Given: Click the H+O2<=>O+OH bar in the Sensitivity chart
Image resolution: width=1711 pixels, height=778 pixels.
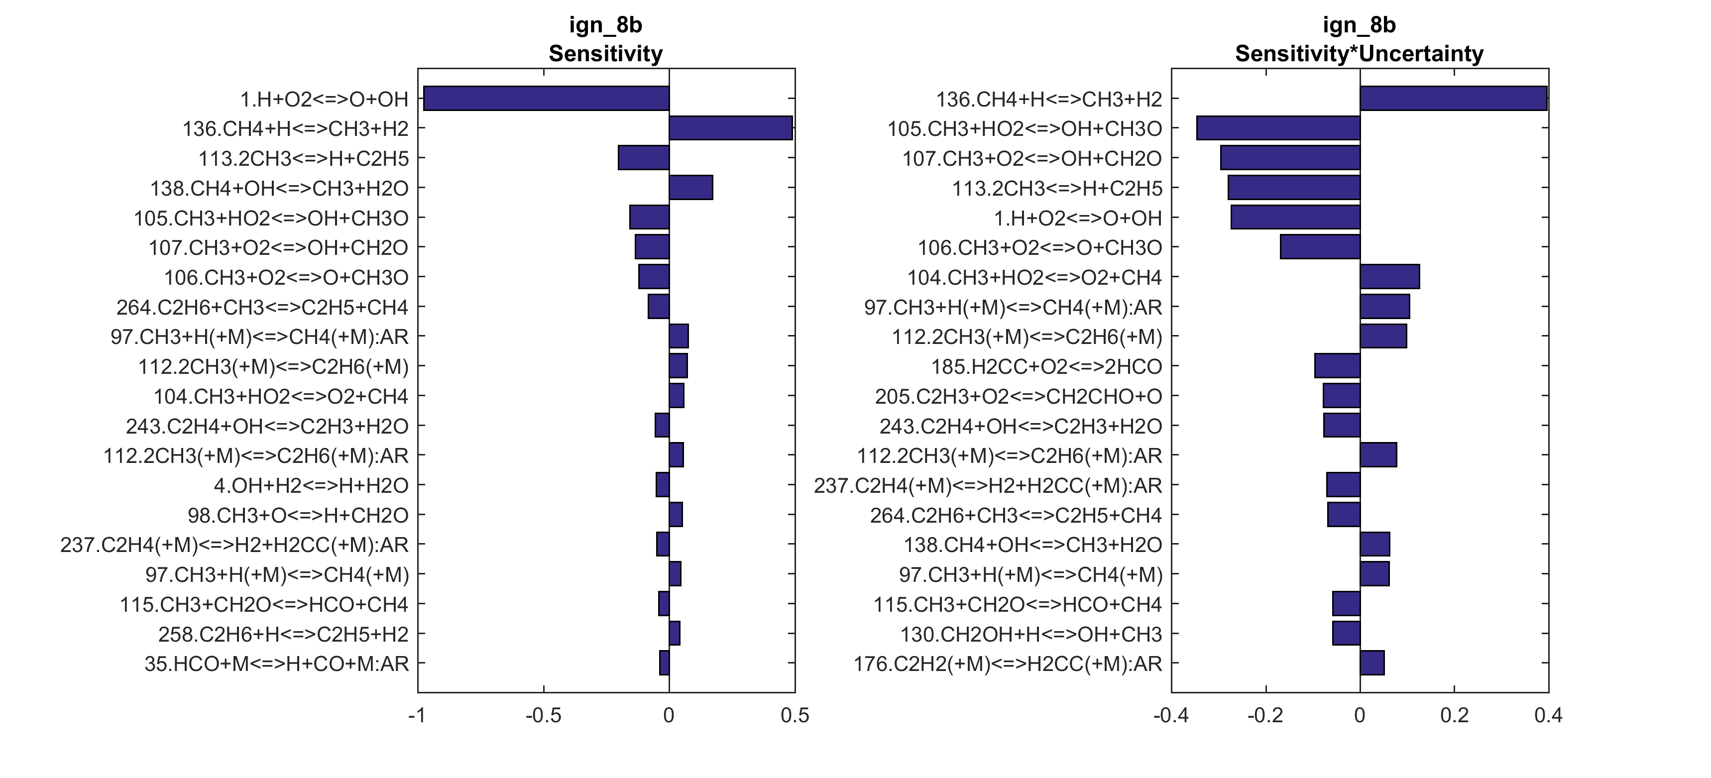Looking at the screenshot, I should point(546,99).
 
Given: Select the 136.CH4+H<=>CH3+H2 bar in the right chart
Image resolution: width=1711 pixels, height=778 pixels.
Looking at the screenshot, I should point(1453,99).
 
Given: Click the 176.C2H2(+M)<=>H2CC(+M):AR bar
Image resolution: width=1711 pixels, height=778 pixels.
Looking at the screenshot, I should point(1372,663).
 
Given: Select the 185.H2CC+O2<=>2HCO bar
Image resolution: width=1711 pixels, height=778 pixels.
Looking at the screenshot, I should point(1337,366).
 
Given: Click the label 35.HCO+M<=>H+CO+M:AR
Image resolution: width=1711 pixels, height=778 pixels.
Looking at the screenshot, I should point(276,664).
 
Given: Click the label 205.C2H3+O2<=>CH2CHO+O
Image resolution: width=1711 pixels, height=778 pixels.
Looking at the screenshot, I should point(1018,397).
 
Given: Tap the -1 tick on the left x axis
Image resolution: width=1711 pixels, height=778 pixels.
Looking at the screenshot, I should point(417,716).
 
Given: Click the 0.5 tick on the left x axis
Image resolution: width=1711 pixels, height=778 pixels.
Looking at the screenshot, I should point(795,716).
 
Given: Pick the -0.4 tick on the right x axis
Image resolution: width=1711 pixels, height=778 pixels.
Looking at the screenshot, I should point(1170,716).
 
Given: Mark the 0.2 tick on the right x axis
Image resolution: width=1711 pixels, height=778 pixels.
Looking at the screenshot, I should point(1454,716).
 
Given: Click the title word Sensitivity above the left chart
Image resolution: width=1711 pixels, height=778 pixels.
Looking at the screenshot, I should point(605,54).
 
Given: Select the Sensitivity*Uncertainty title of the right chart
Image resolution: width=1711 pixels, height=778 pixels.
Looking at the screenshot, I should point(1359,54).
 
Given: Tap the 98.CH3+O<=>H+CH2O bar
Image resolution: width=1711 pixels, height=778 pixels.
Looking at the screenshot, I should point(676,515).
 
